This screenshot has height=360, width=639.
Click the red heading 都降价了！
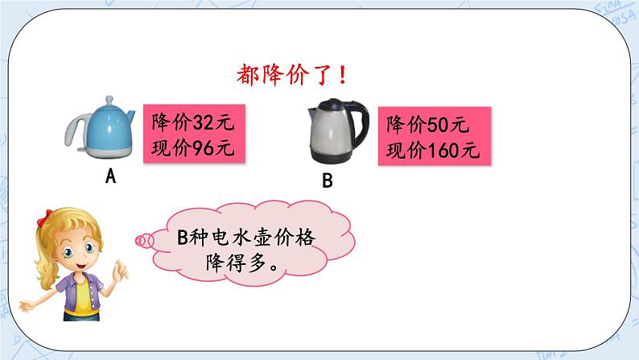pyautogui.click(x=293, y=77)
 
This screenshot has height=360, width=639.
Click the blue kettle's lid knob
pyautogui.click(x=109, y=101)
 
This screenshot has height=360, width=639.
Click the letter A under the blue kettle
pyautogui.click(x=111, y=176)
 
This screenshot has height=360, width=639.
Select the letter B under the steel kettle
pyautogui.click(x=327, y=182)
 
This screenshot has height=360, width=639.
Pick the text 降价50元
pyautogui.click(x=427, y=126)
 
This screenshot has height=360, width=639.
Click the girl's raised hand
pyautogui.click(x=120, y=271)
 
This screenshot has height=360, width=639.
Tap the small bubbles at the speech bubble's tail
pyautogui.click(x=144, y=239)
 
